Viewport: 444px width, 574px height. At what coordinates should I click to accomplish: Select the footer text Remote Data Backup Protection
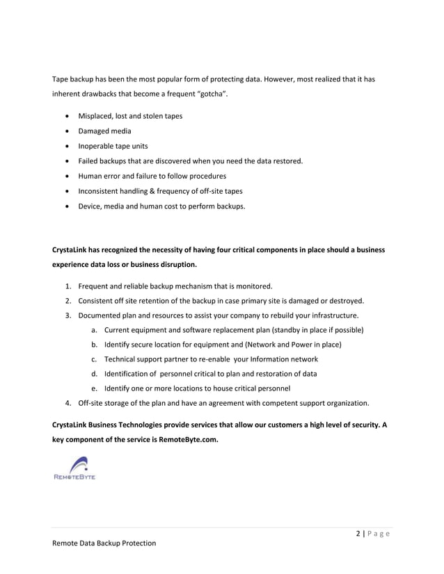[104, 543]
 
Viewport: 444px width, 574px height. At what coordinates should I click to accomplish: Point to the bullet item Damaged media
[104, 131]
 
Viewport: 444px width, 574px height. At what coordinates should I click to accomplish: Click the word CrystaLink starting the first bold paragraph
[72, 249]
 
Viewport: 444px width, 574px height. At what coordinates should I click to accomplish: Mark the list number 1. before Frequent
[68, 286]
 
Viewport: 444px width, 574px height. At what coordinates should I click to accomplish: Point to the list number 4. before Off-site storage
[68, 403]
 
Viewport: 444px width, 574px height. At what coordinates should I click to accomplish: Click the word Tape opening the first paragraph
[61, 79]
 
